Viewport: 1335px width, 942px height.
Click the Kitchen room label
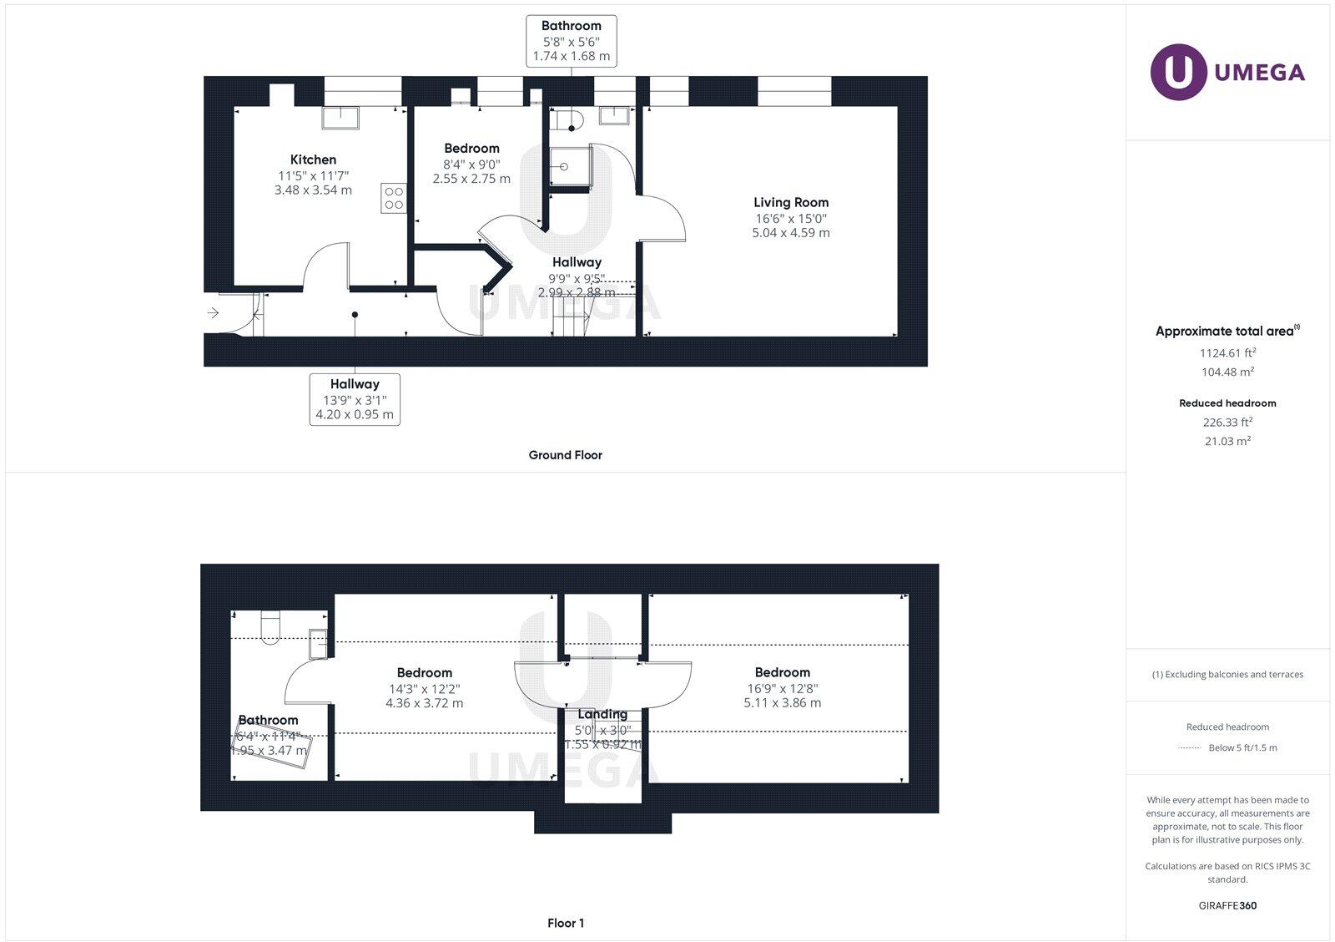click(313, 160)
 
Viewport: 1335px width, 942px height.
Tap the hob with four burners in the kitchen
click(393, 198)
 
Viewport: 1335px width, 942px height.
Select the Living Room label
click(790, 202)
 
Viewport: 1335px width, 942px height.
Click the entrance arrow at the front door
click(213, 313)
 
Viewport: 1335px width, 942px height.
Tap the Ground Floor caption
click(565, 455)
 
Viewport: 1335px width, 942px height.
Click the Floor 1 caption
click(565, 923)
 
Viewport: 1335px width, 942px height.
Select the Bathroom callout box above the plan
click(571, 41)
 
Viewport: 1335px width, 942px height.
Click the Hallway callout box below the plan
click(355, 399)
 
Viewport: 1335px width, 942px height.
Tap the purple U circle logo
click(1178, 72)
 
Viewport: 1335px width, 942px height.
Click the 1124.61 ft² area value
click(1227, 352)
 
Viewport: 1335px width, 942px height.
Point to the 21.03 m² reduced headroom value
click(1227, 441)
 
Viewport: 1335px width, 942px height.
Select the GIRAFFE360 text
click(1227, 905)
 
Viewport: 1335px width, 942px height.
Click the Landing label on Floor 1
click(602, 714)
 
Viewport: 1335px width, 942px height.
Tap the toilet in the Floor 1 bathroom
click(270, 627)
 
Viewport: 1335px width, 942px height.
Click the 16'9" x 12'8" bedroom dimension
click(782, 689)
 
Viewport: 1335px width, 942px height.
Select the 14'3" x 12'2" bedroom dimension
click(424, 689)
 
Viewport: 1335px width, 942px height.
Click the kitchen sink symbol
click(340, 118)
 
